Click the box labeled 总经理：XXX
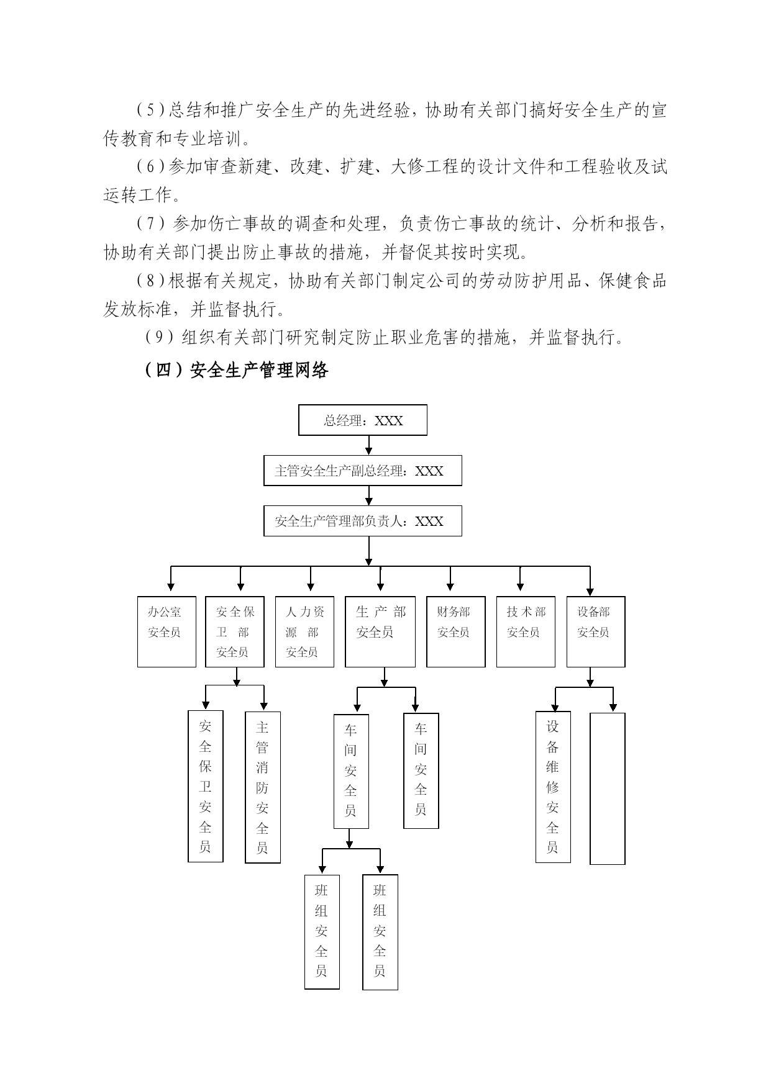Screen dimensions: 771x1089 coord(363,420)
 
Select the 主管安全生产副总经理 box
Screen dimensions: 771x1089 coord(363,471)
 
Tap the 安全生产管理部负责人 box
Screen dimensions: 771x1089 coord(363,521)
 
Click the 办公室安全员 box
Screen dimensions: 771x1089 coord(167,632)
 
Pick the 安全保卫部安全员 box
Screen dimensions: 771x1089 coord(235,632)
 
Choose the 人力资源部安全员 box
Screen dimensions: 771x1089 coord(304,632)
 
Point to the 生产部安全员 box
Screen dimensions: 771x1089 coord(380,632)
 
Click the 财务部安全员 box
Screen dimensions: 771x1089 coord(456,632)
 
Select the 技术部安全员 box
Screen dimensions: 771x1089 coord(526,632)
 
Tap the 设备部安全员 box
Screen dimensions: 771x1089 coord(596,632)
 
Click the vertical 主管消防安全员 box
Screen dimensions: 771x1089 coord(263,787)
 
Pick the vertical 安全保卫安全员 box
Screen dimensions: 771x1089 coord(206,787)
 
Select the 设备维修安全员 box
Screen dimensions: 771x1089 coord(553,787)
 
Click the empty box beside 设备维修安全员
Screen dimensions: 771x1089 coord(608,789)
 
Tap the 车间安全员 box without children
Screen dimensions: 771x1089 coord(421,770)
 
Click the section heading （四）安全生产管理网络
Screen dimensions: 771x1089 coord(235,371)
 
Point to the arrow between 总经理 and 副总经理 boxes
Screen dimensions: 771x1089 coord(369,445)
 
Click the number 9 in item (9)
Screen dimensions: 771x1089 coord(158,338)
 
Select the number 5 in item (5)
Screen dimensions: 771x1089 coord(150,111)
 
